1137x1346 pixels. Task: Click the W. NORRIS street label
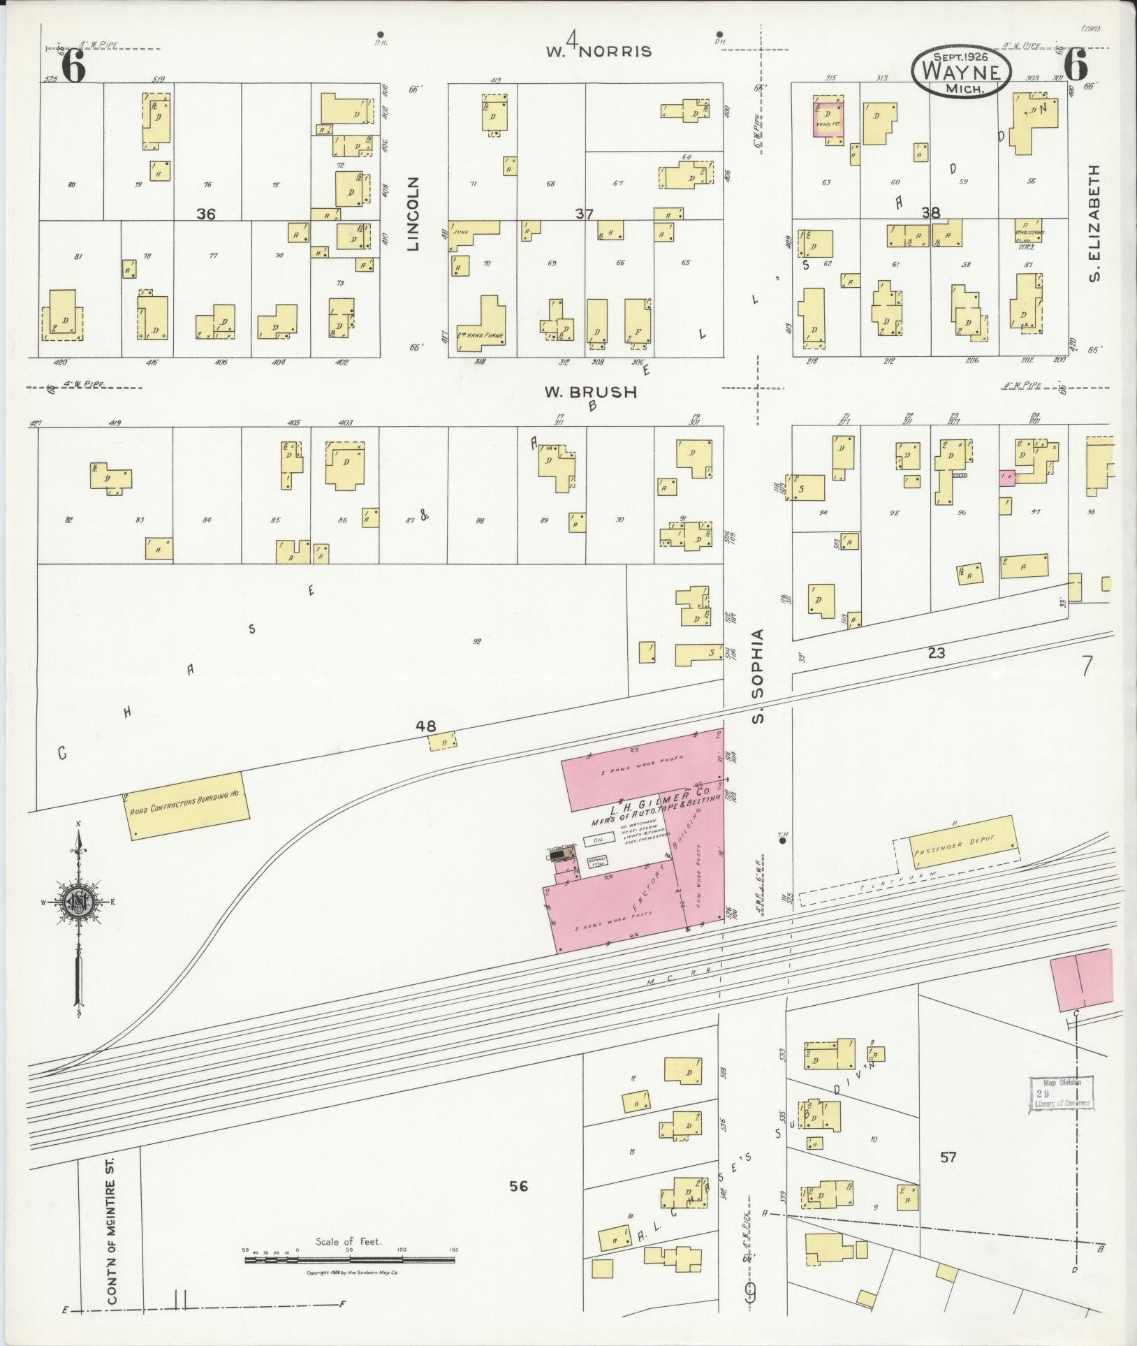click(599, 50)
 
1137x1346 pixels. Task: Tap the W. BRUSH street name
click(591, 393)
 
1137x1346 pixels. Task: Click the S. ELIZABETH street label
click(1096, 224)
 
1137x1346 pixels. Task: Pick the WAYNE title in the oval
click(961, 71)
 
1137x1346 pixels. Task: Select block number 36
click(205, 214)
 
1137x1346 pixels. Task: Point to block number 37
click(584, 214)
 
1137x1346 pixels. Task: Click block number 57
click(948, 1157)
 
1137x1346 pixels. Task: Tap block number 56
click(518, 1185)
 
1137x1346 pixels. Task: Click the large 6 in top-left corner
click(73, 67)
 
